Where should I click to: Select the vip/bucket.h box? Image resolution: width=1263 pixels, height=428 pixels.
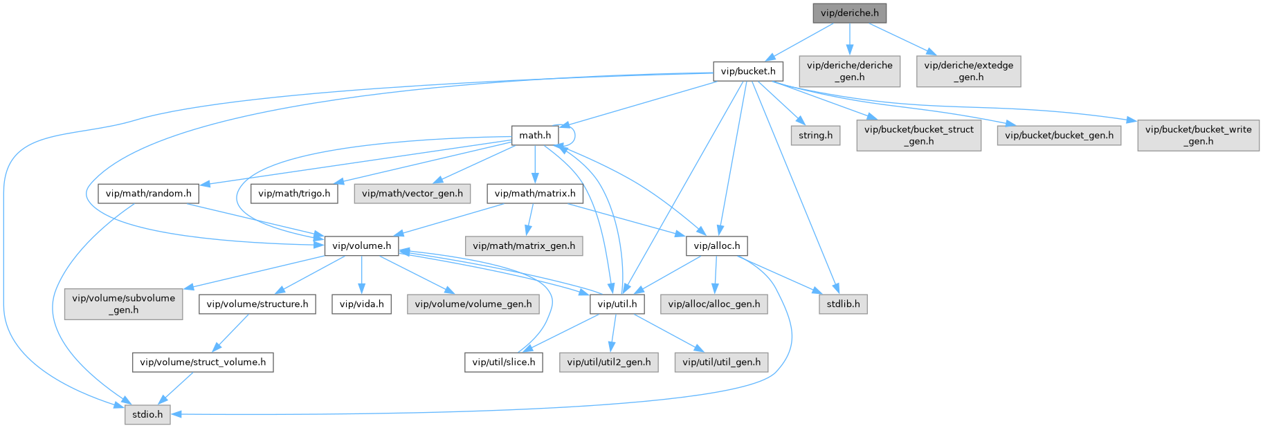coord(748,71)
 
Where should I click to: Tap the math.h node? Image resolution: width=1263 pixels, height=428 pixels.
coord(535,136)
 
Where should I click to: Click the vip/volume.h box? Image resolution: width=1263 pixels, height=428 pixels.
coord(361,245)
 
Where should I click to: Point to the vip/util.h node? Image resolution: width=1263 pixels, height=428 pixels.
coord(617,304)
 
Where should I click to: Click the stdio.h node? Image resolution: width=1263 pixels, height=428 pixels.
coord(147,415)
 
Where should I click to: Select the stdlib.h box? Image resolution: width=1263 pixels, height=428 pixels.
coord(843,304)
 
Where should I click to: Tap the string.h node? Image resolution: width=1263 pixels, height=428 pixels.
coord(815,136)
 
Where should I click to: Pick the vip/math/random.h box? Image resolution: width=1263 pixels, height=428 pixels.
coord(148,194)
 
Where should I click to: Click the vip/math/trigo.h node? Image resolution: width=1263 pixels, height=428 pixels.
coord(294,194)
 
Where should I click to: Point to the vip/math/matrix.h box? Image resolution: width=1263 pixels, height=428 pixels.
coord(534,194)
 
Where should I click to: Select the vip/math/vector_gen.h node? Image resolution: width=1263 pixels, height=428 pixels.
coord(412,194)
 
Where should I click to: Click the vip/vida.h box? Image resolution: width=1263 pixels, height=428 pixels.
coord(361,304)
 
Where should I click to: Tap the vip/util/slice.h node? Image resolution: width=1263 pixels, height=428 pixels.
coord(503,362)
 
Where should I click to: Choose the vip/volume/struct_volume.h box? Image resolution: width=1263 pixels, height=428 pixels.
coord(203,362)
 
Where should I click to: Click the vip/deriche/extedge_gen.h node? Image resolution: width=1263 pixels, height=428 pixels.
coord(968,71)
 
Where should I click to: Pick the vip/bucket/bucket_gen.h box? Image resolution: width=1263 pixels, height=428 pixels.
coord(1059,136)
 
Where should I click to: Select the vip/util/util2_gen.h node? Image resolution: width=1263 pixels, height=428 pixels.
coord(609,362)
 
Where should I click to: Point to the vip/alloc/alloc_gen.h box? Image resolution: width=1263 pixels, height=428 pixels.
coord(714,304)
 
